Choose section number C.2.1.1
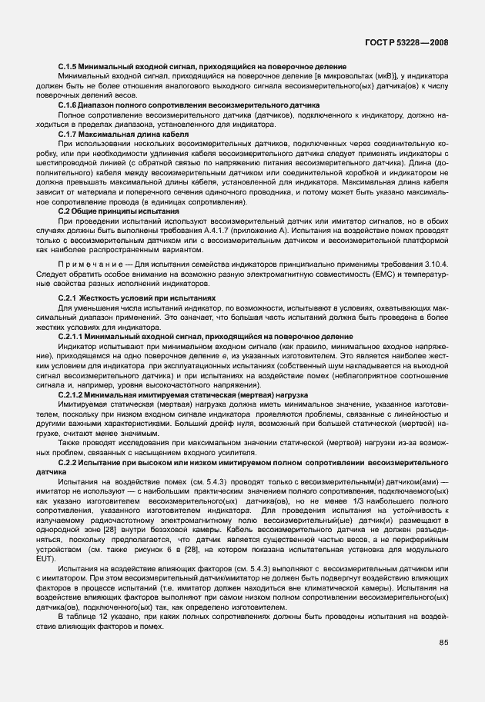point(74,337)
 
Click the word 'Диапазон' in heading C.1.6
point(103,105)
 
